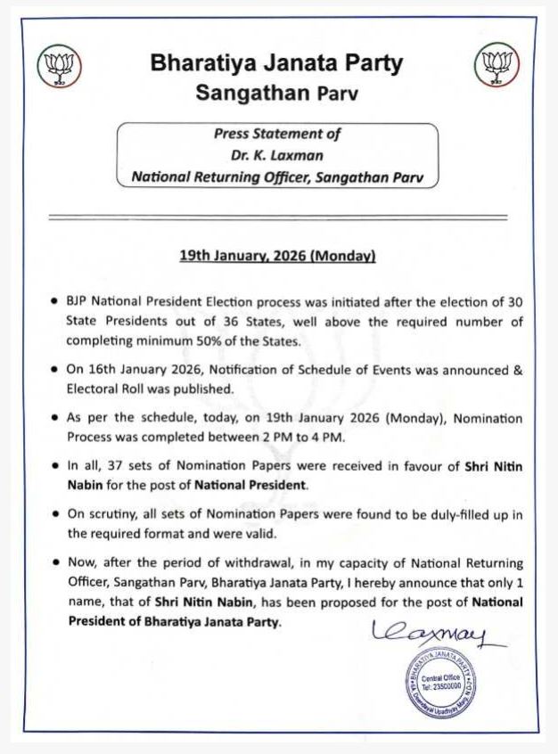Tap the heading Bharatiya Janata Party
pos(276,64)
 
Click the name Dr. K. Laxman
pos(277,155)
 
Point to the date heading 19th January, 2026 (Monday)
pos(277,256)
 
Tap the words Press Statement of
pos(277,134)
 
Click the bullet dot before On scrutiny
pos(55,515)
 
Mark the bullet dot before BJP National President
pos(55,300)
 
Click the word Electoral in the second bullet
pos(92,389)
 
